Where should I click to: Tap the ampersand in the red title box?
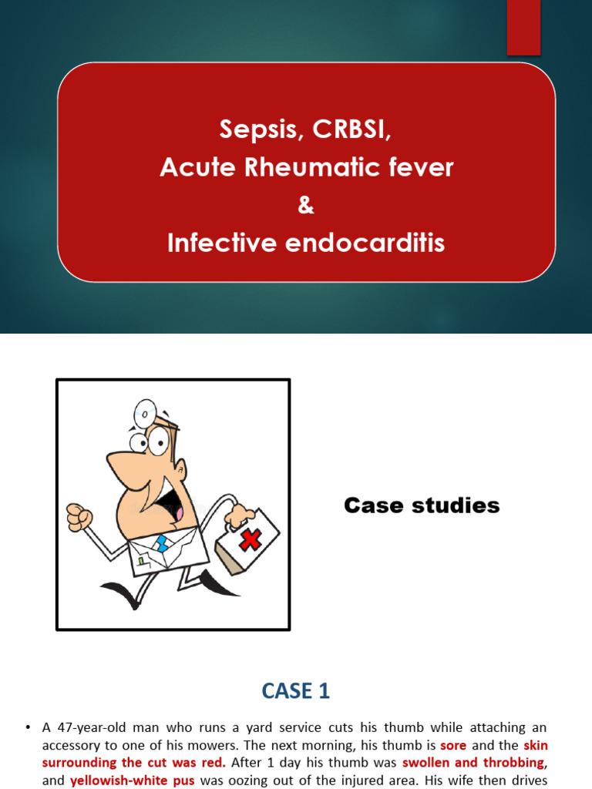pos(306,206)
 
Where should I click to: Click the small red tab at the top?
pos(523,28)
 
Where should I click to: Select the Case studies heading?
pos(422,505)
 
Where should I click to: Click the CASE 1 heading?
pos(296,692)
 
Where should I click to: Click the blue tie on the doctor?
pos(161,545)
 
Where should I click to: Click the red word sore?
pos(453,746)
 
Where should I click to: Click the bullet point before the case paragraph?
pos(28,727)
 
